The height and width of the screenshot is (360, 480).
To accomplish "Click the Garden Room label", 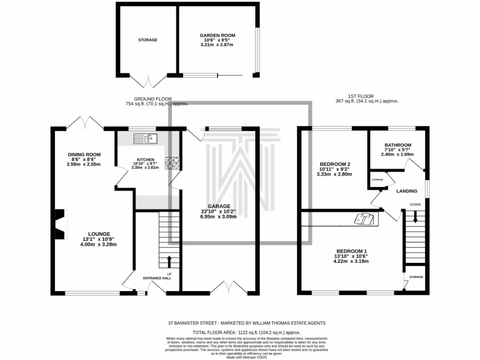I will [x=217, y=35].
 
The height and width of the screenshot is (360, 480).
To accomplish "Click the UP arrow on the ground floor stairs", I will [x=169, y=261].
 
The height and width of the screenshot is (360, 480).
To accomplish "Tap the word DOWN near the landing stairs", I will [x=415, y=204].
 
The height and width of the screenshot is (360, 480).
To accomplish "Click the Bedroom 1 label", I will [x=351, y=250].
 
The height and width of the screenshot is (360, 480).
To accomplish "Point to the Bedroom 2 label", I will [x=336, y=164].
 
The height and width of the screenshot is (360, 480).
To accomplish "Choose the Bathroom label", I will [x=397, y=145].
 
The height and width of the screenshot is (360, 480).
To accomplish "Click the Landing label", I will [x=407, y=191].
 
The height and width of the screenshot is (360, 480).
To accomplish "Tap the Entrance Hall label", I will [x=157, y=278].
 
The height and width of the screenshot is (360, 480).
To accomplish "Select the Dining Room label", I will [x=84, y=155].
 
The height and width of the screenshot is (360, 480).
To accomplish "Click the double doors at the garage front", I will [x=227, y=286].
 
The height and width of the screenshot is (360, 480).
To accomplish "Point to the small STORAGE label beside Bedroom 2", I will [x=377, y=180].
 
